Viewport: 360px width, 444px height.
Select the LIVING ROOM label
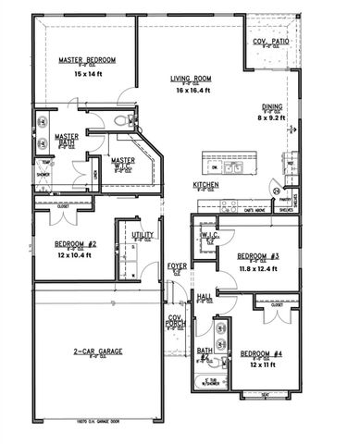coord(192,79)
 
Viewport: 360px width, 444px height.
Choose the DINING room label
coord(271,107)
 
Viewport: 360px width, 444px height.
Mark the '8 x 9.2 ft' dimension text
coord(271,118)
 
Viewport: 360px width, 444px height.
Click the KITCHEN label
coord(205,185)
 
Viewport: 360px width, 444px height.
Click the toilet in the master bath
coord(118,120)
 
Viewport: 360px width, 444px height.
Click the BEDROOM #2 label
coord(76,245)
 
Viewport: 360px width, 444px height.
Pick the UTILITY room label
coord(143,236)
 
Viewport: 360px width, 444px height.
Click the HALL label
coord(204,297)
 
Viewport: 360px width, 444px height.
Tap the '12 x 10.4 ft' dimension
coord(76,256)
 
